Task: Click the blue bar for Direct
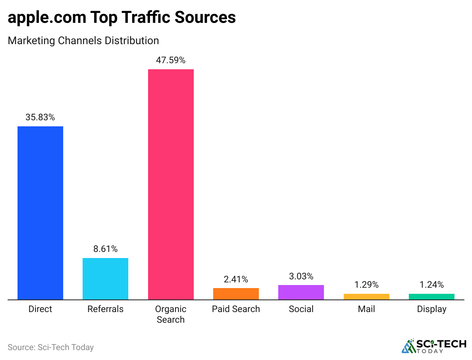click(40, 213)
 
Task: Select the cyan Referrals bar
click(105, 279)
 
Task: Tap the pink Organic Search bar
click(171, 185)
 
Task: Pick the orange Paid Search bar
click(236, 294)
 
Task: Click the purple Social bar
click(301, 292)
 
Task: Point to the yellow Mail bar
click(367, 297)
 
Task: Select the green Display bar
click(432, 297)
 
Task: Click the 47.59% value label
click(171, 60)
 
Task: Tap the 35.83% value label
click(40, 118)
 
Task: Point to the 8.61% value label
click(105, 249)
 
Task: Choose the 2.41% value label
click(236, 280)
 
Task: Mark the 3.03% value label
click(301, 276)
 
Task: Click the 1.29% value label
click(367, 285)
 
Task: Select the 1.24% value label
click(432, 285)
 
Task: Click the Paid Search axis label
click(236, 309)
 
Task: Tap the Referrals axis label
click(105, 309)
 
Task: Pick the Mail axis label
click(367, 309)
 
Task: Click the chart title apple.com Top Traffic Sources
click(122, 18)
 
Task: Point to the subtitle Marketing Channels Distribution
click(83, 40)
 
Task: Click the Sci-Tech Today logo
click(434, 346)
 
